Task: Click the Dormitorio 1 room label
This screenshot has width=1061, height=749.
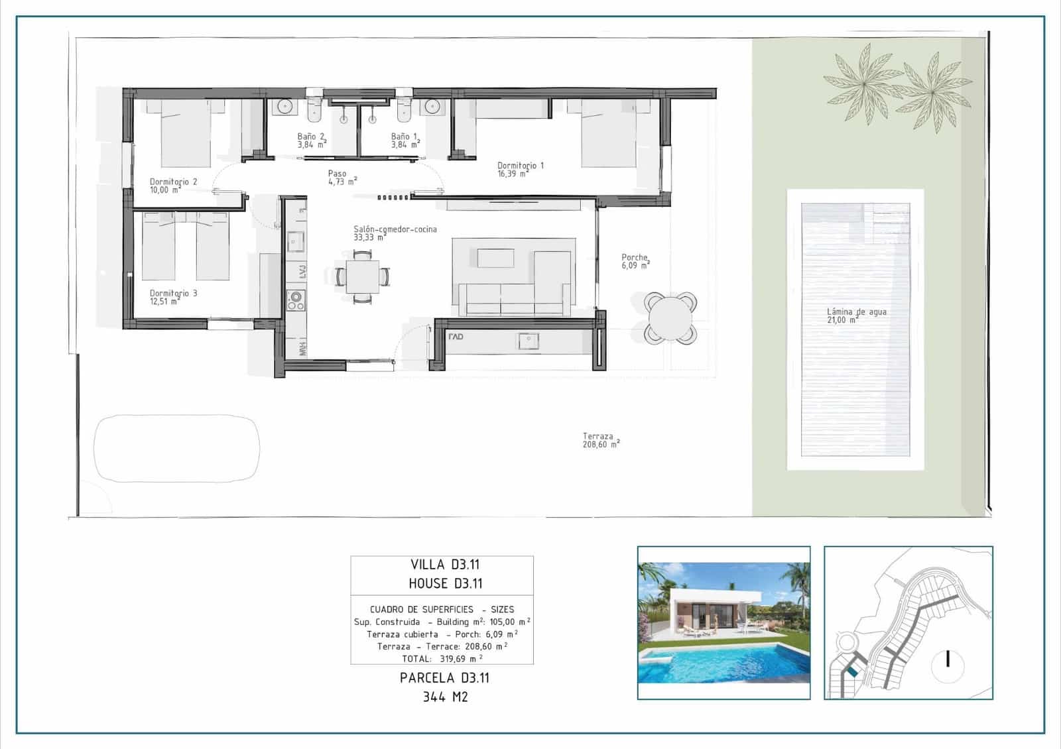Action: [520, 169]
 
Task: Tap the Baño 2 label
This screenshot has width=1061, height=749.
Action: [311, 140]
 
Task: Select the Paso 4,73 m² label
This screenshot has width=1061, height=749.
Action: [342, 178]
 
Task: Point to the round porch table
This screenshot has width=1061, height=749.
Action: [670, 318]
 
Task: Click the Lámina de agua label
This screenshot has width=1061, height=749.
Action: [855, 315]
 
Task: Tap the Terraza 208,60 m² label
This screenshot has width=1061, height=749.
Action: [601, 440]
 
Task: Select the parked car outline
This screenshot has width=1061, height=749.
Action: [176, 448]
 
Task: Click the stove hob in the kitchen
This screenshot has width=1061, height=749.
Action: [296, 301]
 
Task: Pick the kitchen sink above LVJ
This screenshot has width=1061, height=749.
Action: [296, 241]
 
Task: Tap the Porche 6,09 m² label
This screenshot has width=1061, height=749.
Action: [635, 261]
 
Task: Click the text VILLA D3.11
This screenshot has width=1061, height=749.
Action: [444, 565]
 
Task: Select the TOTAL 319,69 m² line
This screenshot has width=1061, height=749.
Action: [442, 659]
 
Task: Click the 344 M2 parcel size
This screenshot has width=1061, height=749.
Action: [445, 697]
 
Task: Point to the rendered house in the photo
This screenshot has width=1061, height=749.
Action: [703, 610]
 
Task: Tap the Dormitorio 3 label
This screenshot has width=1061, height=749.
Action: [172, 296]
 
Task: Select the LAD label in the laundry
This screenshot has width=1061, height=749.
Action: [456, 337]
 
